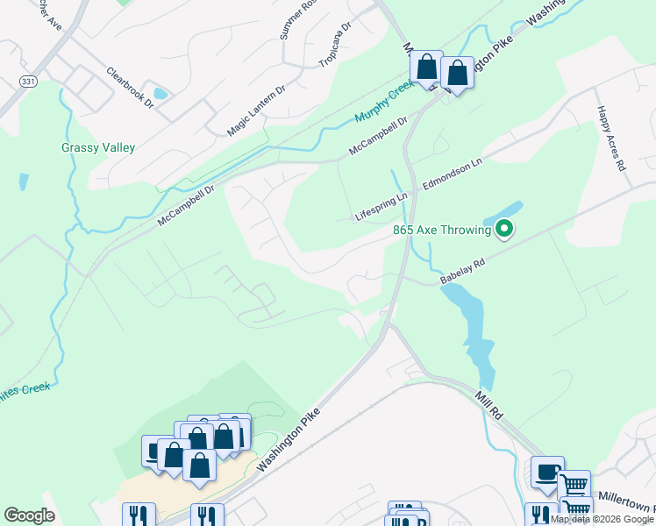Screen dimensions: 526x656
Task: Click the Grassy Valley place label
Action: [x=98, y=148]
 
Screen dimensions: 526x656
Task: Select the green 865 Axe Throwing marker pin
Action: [x=504, y=231]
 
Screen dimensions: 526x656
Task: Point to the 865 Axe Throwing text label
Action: [x=441, y=231]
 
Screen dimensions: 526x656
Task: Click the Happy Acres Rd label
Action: [x=612, y=139]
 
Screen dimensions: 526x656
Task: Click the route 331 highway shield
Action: [x=28, y=81]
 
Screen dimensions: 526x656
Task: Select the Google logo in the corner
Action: [x=29, y=515]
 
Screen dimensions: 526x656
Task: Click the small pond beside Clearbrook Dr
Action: [x=160, y=93]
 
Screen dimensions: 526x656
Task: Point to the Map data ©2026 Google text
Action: [x=603, y=519]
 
